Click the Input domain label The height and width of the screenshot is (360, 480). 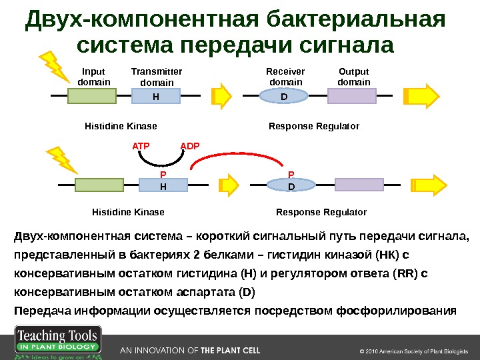[94, 77]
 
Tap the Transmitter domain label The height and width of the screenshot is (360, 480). [157, 77]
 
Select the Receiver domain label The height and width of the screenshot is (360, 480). [285, 77]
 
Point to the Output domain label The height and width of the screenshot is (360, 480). [353, 77]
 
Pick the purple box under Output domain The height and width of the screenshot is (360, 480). [351, 96]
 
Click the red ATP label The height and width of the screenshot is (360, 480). [141, 145]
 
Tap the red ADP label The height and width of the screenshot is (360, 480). [190, 145]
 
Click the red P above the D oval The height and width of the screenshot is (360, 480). [291, 175]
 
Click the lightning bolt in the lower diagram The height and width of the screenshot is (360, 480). [61, 159]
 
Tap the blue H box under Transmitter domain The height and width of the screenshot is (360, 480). [156, 96]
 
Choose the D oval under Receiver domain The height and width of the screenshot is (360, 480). [283, 96]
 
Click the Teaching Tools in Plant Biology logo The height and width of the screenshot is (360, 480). [57, 343]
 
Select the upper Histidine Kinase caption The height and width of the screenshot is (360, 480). [121, 126]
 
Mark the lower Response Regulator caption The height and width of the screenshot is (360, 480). [321, 212]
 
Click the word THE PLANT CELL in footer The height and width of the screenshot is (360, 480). [230, 350]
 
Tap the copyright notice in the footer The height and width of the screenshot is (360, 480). [414, 351]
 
